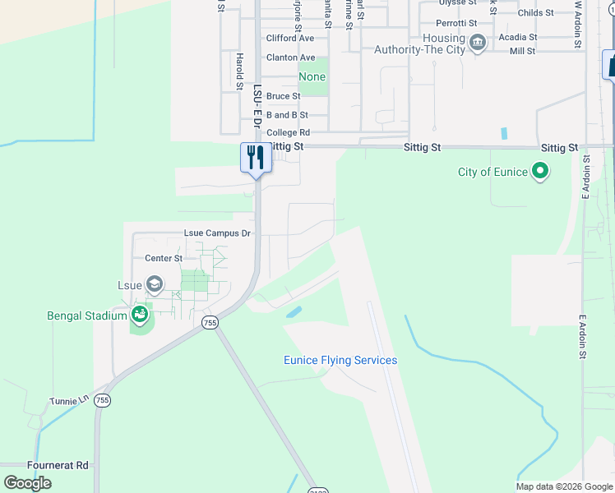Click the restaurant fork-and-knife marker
(256, 156)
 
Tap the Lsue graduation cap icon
(154, 285)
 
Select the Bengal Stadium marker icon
(140, 315)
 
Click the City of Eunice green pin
(539, 172)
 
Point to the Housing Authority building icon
(477, 44)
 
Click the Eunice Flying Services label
(340, 360)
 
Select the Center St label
(164, 258)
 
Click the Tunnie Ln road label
(72, 400)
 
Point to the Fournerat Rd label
(58, 465)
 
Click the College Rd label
(288, 132)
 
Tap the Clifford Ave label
(290, 39)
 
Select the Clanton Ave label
(290, 58)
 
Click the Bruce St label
(283, 96)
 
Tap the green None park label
(312, 76)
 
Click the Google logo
(27, 483)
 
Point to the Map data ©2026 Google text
(563, 486)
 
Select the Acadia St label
(518, 37)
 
